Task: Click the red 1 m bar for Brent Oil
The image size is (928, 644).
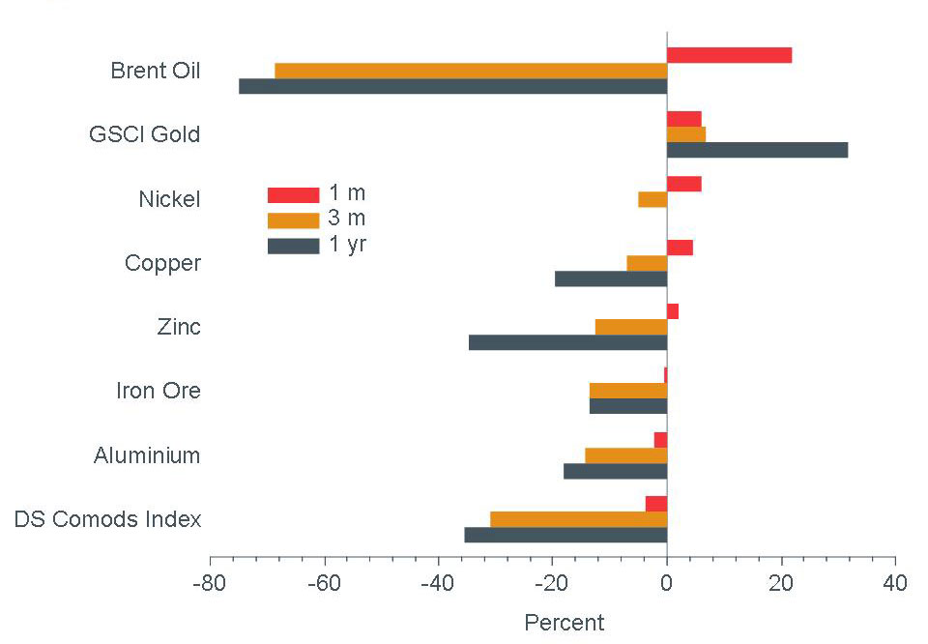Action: tap(729, 55)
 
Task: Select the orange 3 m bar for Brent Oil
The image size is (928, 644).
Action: tap(471, 71)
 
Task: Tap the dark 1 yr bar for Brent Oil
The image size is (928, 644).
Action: tap(452, 86)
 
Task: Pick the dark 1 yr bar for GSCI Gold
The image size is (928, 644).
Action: tap(757, 150)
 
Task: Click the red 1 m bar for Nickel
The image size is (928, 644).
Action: tap(683, 184)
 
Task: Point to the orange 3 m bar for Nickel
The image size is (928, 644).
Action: tap(652, 199)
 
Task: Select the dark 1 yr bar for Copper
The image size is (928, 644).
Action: tap(611, 278)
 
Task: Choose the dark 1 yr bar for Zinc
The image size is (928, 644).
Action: tap(567, 342)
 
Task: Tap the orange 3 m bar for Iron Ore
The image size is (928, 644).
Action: tap(628, 391)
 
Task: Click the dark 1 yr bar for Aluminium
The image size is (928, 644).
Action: tap(615, 471)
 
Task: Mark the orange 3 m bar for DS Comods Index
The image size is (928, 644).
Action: tap(578, 519)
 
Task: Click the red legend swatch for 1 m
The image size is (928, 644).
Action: tap(293, 195)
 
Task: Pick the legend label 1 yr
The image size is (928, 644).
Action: tap(348, 244)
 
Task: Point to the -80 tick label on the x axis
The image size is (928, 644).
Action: tap(210, 583)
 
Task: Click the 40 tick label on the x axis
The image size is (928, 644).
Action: tap(895, 583)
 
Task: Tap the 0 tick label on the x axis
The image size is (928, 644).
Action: tap(667, 583)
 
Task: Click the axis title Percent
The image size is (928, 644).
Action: tap(564, 623)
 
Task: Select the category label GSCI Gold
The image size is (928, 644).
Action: tap(144, 134)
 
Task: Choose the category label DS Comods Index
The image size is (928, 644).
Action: tap(107, 519)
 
